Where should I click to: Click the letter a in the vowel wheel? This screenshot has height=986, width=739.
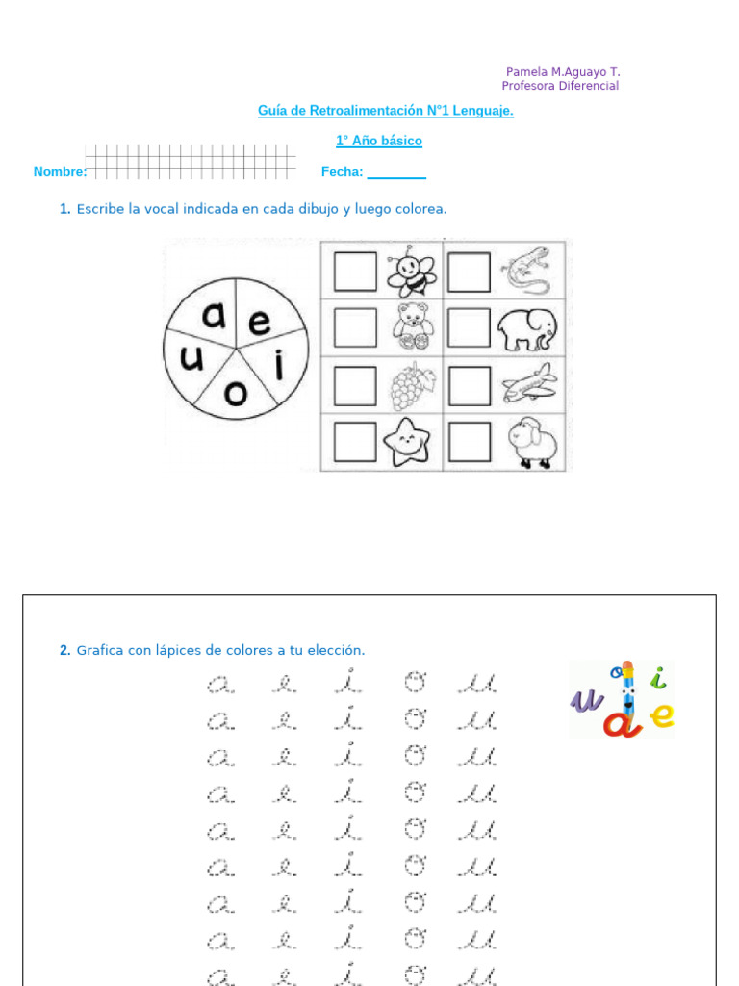[215, 315]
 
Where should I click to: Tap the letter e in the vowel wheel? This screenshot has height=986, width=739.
[260, 323]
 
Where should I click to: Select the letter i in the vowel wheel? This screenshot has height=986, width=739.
[280, 366]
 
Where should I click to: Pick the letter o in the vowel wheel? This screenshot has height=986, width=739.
[236, 393]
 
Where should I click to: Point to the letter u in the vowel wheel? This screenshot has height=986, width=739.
[192, 359]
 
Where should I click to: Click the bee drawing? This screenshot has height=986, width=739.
[411, 272]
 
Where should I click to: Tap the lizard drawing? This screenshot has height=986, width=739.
[525, 271]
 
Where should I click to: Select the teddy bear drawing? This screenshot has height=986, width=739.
[413, 327]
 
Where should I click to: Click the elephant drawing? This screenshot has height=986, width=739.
[526, 330]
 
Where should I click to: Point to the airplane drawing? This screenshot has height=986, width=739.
[528, 383]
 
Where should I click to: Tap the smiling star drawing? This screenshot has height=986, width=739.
[408, 443]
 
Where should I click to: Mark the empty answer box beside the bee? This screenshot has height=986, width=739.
[355, 272]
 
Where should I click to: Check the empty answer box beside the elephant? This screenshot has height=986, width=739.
[470, 328]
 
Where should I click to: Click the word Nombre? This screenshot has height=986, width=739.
[60, 172]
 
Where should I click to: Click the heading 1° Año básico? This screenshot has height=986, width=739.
[379, 142]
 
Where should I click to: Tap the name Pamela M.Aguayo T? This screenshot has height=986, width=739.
[563, 72]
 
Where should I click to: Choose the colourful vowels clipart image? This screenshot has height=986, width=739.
[623, 699]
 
